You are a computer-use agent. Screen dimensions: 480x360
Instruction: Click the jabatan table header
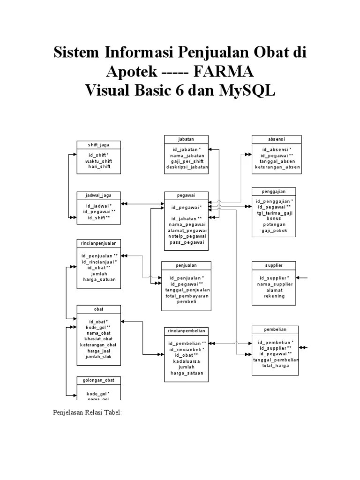(186, 139)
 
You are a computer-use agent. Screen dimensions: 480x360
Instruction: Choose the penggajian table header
(274, 191)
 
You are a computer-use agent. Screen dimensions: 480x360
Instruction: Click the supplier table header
(274, 265)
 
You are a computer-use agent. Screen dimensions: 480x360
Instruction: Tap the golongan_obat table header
(98, 380)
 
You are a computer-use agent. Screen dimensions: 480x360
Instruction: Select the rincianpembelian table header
(186, 331)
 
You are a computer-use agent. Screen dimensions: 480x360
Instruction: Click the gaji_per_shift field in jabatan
(186, 161)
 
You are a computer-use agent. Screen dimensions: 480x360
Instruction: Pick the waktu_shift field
(98, 161)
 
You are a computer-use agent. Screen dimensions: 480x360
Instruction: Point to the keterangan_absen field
(277, 166)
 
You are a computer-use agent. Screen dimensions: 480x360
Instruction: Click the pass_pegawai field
(186, 242)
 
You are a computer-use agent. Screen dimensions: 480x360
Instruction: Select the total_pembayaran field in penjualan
(186, 296)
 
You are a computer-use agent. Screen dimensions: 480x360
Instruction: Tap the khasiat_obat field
(98, 339)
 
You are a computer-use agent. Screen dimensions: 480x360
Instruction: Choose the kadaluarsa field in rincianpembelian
(186, 361)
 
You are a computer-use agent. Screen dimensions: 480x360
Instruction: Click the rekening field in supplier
(274, 296)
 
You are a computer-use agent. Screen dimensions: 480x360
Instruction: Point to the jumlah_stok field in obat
(98, 357)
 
